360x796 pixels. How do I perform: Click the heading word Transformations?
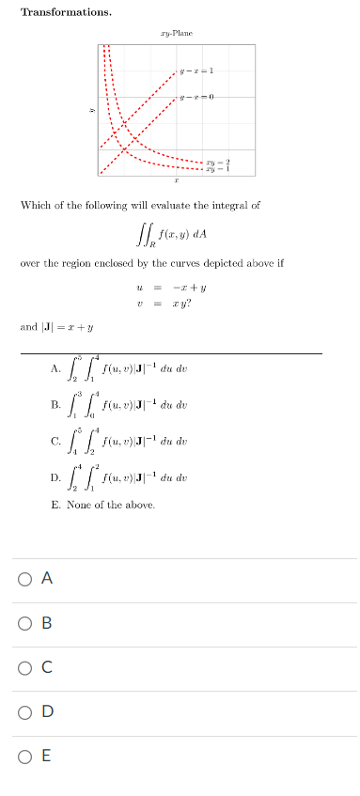[66, 12]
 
